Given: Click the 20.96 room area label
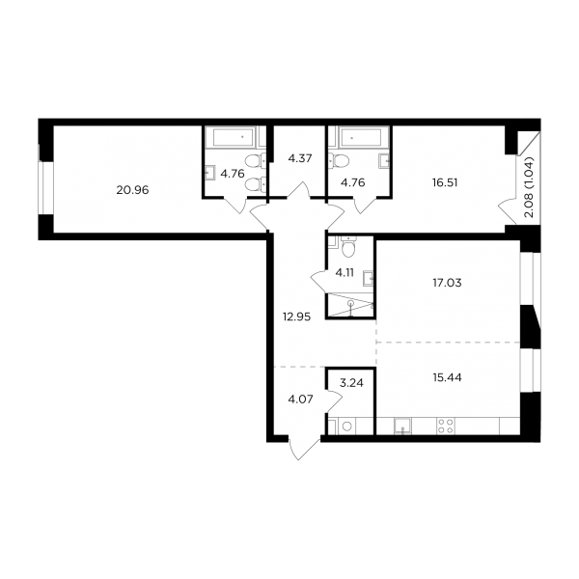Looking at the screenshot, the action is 132,190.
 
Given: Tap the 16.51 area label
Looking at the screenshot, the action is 445,182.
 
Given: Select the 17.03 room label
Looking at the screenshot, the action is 447,283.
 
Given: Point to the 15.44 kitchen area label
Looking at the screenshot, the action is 447,377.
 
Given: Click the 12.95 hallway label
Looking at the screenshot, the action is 296,317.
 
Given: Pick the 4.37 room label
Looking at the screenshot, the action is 300,158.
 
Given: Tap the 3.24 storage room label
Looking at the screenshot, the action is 351,383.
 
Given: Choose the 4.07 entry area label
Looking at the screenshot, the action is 300,400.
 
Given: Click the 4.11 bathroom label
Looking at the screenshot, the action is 345,273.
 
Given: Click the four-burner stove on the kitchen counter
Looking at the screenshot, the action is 445,426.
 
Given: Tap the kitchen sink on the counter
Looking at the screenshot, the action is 402,426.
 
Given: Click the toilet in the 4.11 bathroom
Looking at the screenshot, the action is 348,247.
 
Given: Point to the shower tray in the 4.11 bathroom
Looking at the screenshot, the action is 350,305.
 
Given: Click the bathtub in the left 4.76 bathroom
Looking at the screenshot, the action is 230,137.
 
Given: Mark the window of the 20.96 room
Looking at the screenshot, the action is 46,187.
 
